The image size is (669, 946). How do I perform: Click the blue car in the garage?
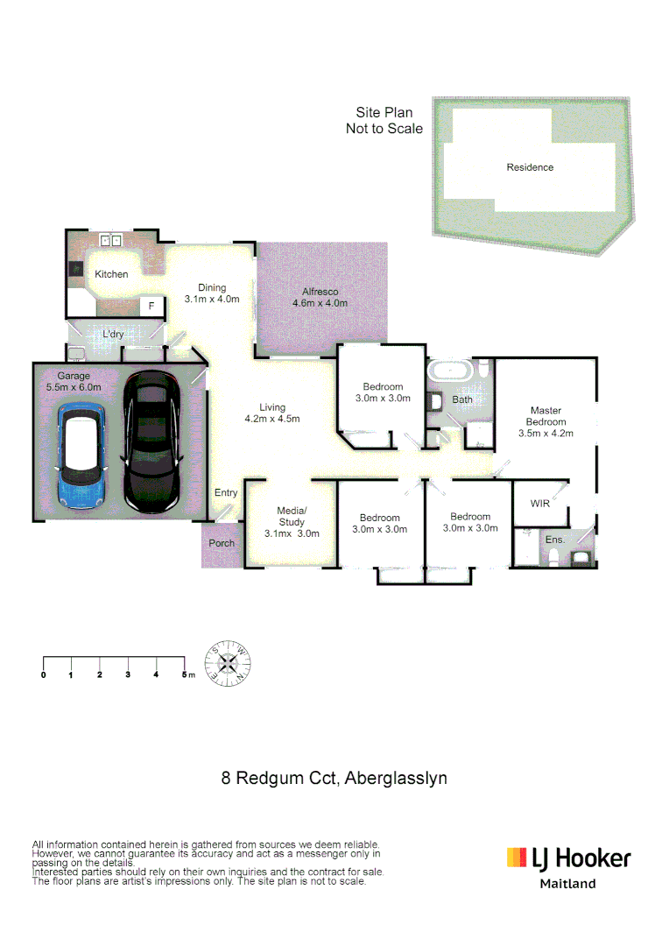point(81,456)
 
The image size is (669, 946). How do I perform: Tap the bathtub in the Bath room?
point(450,371)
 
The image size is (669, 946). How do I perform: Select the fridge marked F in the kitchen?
point(151,306)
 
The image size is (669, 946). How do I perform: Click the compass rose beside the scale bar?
point(227,663)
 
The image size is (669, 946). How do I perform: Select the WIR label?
point(540,504)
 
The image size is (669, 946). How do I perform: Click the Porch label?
point(222,543)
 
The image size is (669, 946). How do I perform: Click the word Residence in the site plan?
point(530,167)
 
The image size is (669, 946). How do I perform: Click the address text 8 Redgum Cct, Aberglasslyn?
point(334,778)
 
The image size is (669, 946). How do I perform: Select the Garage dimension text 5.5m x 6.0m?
point(74,387)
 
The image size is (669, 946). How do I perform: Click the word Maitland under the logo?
point(567,884)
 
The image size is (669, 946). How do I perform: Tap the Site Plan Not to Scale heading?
point(384,121)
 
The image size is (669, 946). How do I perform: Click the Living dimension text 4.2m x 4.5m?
point(272,419)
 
